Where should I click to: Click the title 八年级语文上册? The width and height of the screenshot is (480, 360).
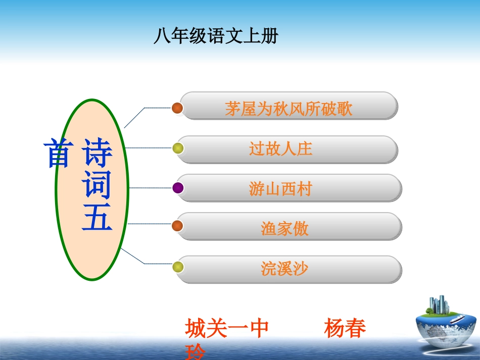coord(216,36)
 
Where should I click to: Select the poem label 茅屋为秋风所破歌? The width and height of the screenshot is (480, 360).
coord(289,109)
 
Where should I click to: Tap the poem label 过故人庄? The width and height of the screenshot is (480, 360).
coord(281,148)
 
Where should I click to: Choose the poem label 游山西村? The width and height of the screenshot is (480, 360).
coord(281,188)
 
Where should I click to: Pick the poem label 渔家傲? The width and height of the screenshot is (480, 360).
coord(284,229)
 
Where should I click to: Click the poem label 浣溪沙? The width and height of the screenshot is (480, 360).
coord(284,269)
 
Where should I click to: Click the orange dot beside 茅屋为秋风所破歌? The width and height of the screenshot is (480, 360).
coord(177,108)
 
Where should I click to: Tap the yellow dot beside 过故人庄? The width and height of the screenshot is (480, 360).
coord(178,148)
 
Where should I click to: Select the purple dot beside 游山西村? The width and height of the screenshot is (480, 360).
coord(178,188)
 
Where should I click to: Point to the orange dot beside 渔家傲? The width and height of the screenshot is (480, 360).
coord(177,226)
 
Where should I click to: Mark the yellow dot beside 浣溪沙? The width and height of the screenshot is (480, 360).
coord(178,267)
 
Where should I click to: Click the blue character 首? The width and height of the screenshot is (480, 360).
coord(59,152)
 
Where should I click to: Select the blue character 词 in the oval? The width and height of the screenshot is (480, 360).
coord(97,184)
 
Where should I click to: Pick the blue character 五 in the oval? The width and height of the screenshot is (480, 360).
coord(97,217)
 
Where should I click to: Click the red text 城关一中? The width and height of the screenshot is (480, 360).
coord(227,328)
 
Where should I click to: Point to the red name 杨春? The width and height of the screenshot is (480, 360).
coord(345,328)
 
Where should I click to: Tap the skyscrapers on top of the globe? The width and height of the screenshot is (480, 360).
coord(439,304)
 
